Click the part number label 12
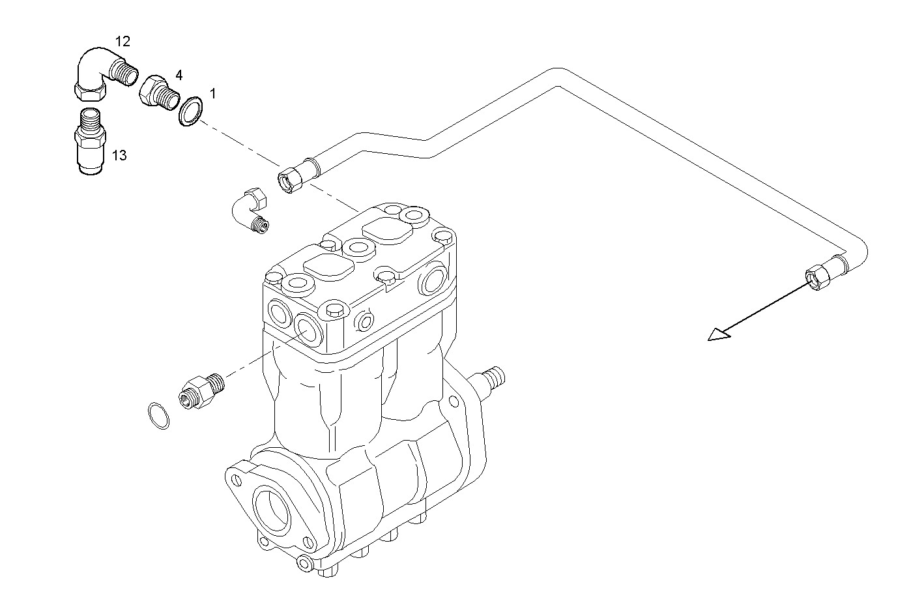coord(123,42)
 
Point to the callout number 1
coord(212,94)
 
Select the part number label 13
coord(119,155)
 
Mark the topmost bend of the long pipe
coord(559,74)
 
